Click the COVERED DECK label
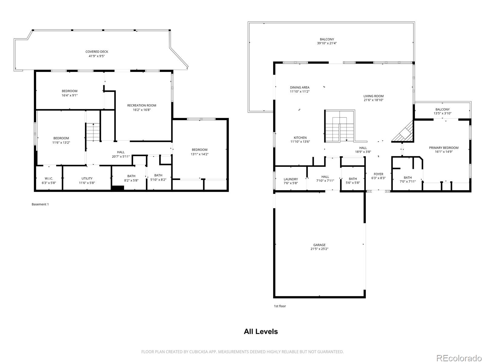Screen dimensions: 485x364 click(97, 52)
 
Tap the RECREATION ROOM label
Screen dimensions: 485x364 click(142, 106)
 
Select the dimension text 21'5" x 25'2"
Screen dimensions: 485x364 click(319, 249)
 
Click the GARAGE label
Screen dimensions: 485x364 click(319, 245)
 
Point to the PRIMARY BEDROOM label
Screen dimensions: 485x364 click(444, 148)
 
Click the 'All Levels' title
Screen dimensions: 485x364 click(261, 332)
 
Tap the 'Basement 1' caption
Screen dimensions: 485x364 click(40, 204)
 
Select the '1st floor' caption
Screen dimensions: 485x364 click(280, 306)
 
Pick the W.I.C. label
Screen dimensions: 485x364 click(49, 178)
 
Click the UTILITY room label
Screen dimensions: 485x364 click(87, 178)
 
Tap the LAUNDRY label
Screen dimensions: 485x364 click(291, 179)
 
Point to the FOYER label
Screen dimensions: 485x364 click(379, 174)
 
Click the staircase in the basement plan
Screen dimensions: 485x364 click(93, 132)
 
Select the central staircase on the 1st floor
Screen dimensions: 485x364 click(339, 126)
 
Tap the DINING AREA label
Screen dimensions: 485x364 click(299, 87)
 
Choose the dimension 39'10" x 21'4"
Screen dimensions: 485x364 click(327, 43)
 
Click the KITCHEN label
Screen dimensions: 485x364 click(300, 137)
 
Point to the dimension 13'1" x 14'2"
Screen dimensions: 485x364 click(199, 154)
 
